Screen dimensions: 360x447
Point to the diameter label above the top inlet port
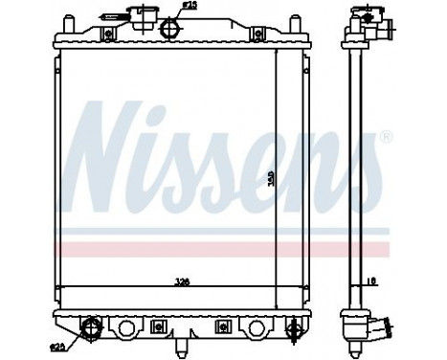click(190, 6)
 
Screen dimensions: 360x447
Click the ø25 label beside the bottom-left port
click(57, 344)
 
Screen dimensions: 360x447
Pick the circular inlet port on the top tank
click(172, 29)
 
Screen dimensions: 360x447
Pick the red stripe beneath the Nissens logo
click(220, 249)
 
